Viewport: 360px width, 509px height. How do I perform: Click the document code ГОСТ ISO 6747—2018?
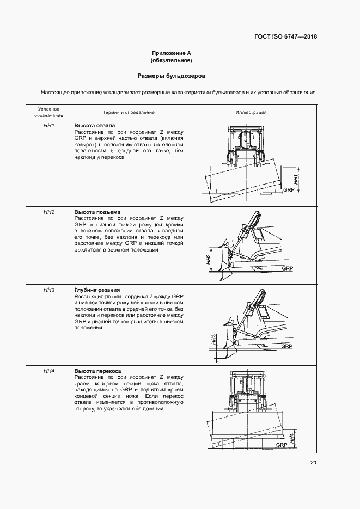click(285, 37)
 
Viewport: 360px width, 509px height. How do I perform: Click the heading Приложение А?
click(172, 53)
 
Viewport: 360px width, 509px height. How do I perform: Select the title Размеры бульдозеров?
click(172, 76)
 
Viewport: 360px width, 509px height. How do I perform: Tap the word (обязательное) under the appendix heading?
click(172, 60)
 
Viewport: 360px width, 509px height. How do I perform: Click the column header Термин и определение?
click(129, 112)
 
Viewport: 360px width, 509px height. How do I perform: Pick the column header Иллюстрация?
click(251, 112)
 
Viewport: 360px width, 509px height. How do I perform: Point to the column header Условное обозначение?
click(49, 112)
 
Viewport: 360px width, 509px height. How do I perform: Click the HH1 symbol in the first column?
click(49, 126)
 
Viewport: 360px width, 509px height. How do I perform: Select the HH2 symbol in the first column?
click(49, 212)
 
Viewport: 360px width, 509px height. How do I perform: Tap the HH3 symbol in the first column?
click(49, 290)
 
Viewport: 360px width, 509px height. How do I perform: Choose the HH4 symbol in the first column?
click(49, 371)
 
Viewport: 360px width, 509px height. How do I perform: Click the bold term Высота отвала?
click(94, 126)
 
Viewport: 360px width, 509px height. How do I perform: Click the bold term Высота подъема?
click(97, 212)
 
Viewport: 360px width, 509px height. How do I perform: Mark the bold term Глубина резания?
click(97, 290)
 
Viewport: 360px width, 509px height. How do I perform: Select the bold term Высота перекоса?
click(98, 371)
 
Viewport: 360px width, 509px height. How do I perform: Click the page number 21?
click(313, 463)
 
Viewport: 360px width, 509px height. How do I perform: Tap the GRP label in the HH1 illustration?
click(288, 190)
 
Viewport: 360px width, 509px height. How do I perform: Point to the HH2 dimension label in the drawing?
click(209, 260)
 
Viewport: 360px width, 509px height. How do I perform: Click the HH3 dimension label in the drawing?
click(215, 341)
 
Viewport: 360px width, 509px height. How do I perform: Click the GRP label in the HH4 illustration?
click(282, 445)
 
